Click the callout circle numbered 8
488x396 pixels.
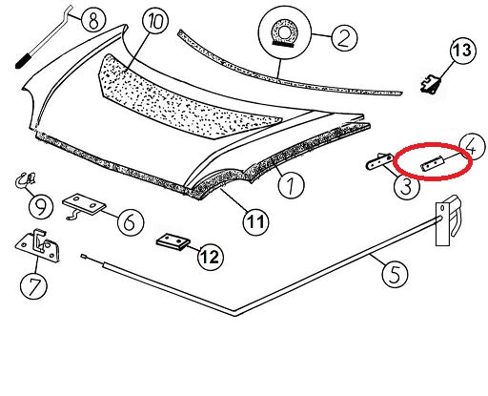[x=93, y=19]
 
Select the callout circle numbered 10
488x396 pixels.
[x=155, y=20]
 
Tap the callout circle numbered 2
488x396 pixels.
[x=344, y=37]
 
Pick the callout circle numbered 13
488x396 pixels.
[x=462, y=51]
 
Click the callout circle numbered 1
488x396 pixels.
[x=291, y=185]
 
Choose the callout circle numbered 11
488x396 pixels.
[x=256, y=221]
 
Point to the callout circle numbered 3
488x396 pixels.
[x=406, y=186]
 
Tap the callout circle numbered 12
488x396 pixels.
[x=211, y=256]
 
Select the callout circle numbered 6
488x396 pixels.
[x=131, y=221]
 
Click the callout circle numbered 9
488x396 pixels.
[x=41, y=207]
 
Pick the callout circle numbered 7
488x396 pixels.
[x=33, y=285]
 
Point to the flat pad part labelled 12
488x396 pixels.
[x=173, y=242]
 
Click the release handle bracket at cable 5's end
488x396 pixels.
[x=448, y=221]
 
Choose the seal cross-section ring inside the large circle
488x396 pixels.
[x=283, y=33]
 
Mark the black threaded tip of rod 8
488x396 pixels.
[x=23, y=61]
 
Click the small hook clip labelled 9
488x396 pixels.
[x=25, y=180]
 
